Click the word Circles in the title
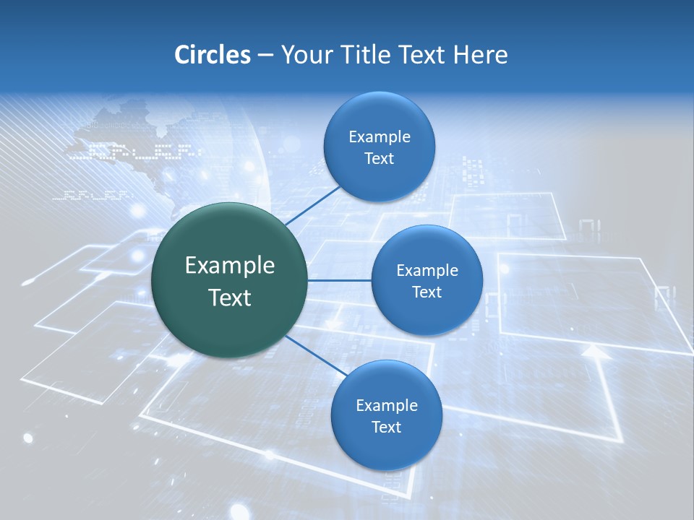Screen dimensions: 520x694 [212, 55]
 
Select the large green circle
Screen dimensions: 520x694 [230, 280]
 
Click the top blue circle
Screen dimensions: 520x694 [379, 147]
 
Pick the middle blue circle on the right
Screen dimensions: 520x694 [427, 280]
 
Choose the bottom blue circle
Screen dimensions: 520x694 [386, 415]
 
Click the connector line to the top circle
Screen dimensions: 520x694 [313, 205]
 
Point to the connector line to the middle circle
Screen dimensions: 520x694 [340, 280]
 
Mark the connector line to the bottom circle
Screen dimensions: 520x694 [316, 355]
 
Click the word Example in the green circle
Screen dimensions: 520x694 [230, 265]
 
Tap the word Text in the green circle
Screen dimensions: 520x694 [230, 297]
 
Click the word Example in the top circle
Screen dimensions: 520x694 [379, 136]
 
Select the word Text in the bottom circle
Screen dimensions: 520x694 [386, 427]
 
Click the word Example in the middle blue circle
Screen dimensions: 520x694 [427, 270]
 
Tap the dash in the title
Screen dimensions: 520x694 [265, 56]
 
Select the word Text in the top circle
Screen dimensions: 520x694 [379, 158]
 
